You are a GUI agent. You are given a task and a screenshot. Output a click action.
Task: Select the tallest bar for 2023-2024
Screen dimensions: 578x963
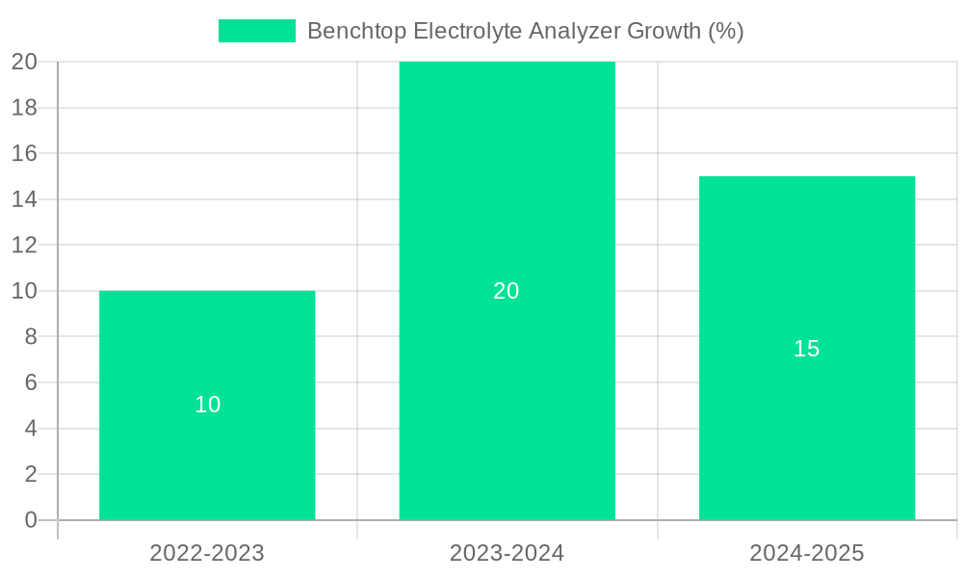507,193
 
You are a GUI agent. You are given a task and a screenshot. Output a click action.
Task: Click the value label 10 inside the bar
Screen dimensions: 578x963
207,406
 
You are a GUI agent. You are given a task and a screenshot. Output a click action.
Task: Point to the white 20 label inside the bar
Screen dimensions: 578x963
507,291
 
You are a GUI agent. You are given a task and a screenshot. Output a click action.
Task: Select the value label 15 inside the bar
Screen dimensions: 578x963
806,349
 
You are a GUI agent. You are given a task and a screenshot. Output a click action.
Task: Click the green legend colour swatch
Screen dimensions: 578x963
256,31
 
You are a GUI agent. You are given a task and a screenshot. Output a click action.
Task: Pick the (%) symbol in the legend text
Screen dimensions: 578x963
725,31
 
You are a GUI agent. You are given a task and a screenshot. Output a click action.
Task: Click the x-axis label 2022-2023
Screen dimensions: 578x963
207,554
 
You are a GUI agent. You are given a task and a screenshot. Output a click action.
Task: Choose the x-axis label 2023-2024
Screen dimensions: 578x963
507,554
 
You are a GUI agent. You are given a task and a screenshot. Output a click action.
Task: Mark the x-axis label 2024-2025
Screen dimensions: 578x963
806,554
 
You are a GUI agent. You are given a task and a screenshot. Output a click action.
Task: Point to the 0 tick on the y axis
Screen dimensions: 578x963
30,520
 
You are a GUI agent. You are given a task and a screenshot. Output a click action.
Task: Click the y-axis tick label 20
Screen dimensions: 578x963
24,62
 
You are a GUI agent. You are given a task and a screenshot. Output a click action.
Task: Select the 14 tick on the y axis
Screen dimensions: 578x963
24,199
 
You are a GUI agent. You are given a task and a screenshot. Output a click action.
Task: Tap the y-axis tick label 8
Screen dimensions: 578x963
30,337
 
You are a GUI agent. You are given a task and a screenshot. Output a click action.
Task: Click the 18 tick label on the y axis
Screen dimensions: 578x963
24,108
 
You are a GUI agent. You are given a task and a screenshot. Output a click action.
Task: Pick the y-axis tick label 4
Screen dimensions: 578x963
30,429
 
